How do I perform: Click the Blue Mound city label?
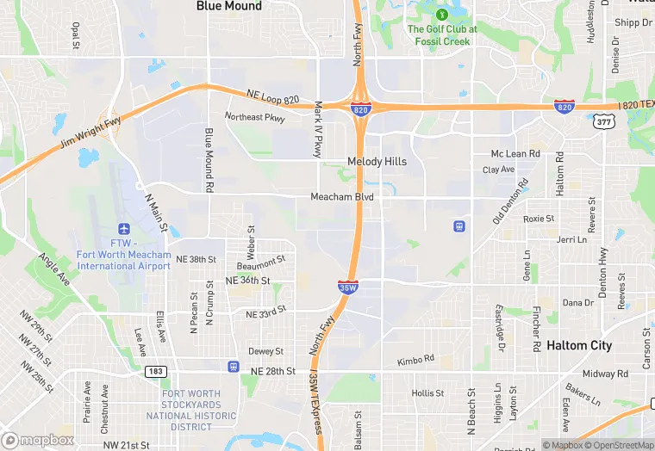click(x=229, y=6)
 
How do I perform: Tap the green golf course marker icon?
click(x=442, y=15)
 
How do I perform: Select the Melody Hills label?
click(x=377, y=161)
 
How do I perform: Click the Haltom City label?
click(x=579, y=345)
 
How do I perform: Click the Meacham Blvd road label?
click(x=342, y=197)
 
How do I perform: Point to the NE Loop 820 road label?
click(x=272, y=97)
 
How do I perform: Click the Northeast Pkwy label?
click(x=254, y=117)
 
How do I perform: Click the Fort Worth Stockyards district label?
click(x=190, y=411)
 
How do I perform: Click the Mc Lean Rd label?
click(x=515, y=153)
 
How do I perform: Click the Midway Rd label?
click(x=606, y=374)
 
